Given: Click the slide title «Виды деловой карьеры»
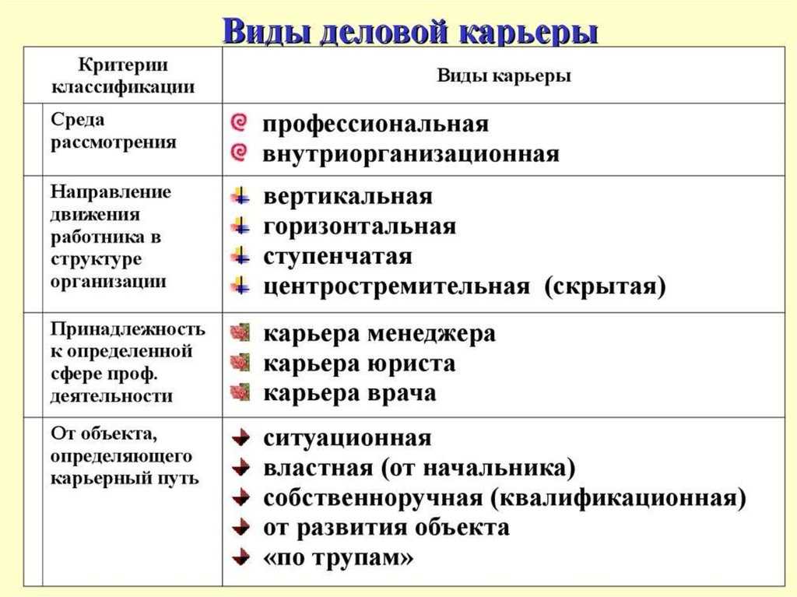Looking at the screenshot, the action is tap(410, 32).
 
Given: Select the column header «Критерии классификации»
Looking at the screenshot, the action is tap(122, 76).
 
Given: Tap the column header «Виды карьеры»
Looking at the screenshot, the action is tap(504, 76).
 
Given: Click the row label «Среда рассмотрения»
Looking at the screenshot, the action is tap(114, 131).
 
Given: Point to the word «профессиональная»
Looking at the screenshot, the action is tap(376, 124).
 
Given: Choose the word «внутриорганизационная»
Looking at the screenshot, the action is tap(411, 153).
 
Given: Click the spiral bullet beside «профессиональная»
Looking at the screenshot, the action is tap(240, 123).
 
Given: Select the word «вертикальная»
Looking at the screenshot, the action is tap(348, 196).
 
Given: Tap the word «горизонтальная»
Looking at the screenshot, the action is tap(360, 227).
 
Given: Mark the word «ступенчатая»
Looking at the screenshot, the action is tap(338, 256).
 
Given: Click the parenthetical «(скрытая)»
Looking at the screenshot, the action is tap(605, 286).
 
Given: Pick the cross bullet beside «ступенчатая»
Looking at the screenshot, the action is tap(241, 255).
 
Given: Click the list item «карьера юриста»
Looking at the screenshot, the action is tap(360, 363).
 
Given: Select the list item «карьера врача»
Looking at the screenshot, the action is tap(349, 394).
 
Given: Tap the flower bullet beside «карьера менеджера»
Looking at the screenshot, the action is tap(241, 332).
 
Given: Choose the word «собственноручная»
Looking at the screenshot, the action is tap(373, 498).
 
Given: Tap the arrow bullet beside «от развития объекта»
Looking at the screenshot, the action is tap(241, 527).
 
